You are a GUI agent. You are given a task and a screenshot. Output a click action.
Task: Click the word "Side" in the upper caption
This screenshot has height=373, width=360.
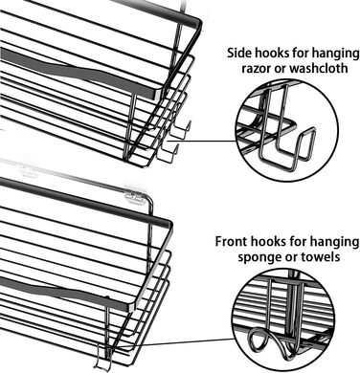pos(239,53)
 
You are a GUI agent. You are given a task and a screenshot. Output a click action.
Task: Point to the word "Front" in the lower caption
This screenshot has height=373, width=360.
pos(231,241)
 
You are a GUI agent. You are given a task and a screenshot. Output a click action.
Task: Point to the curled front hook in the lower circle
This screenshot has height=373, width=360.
pos(266,342)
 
